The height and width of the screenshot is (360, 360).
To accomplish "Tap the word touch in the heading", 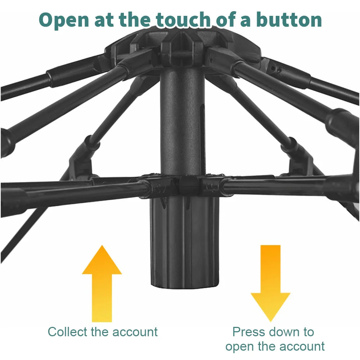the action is click(183, 19).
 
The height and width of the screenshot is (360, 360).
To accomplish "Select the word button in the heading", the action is click(289, 19).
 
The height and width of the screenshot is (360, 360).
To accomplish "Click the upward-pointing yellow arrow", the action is click(102, 283).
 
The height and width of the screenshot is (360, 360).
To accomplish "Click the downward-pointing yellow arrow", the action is click(270, 283).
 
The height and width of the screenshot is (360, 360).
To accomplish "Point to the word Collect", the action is click(68, 332).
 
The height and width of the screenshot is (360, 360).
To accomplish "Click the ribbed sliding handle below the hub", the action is click(185, 242).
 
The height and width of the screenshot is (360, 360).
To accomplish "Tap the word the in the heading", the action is click(135, 19).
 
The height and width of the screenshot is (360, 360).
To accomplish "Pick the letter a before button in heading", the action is click(245, 21).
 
